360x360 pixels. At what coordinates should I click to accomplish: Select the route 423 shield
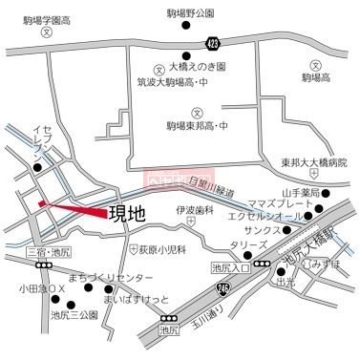point(211,42)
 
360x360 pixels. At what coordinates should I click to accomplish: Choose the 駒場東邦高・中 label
point(197,125)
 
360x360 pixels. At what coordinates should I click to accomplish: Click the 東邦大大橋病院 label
point(314,163)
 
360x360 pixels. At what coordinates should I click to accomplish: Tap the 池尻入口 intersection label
point(230,267)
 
